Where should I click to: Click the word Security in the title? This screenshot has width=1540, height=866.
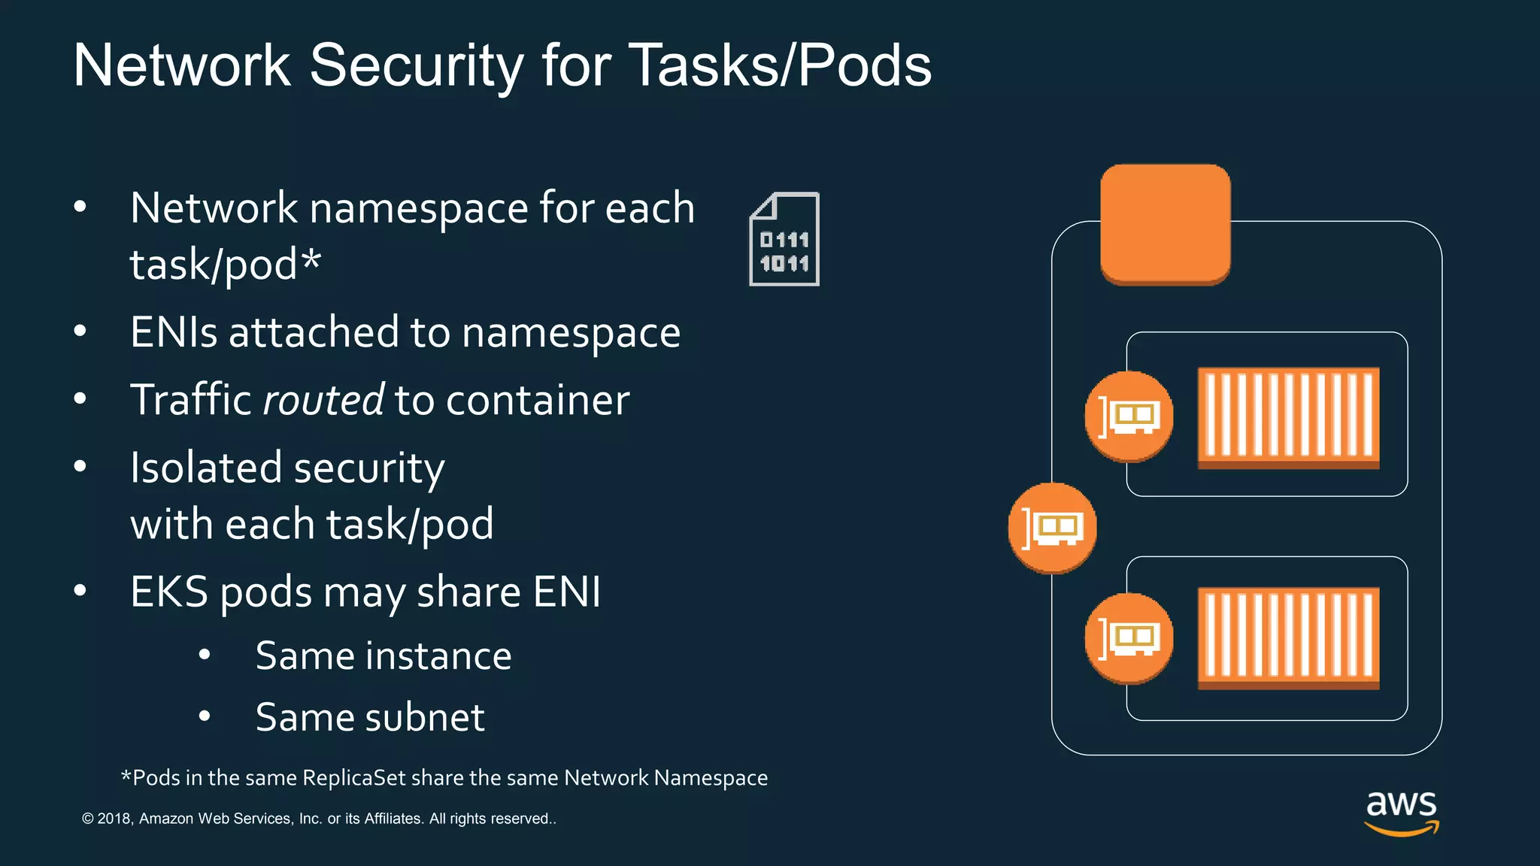[x=416, y=66]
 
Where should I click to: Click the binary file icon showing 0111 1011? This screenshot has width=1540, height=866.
[x=784, y=239]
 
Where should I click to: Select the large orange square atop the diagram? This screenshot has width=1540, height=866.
[x=1165, y=224]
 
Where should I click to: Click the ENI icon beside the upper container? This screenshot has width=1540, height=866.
[x=1128, y=416]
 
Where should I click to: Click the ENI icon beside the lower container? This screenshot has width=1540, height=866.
[x=1128, y=638]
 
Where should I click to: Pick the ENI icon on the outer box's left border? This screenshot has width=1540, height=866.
[x=1052, y=528]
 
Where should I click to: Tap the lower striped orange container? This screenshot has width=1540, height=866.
[x=1288, y=637]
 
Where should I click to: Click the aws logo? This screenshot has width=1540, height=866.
[x=1401, y=811]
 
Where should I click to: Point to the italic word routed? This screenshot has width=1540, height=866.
[x=323, y=400]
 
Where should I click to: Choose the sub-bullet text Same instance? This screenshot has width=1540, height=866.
[x=383, y=656]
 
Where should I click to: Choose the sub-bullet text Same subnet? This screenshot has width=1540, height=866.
[x=370, y=717]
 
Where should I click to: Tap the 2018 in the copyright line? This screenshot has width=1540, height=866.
[x=114, y=819]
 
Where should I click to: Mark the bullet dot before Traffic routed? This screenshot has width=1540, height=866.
[x=80, y=398]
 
